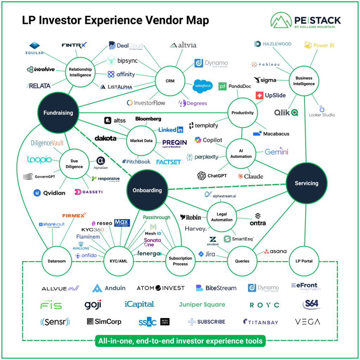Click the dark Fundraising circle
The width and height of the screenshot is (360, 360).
pyautogui.click(x=58, y=113)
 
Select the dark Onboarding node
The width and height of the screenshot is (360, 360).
pyautogui.click(x=147, y=191)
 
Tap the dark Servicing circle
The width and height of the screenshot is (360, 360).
pyautogui.click(x=306, y=183)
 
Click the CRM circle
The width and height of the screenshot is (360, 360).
pyautogui.click(x=170, y=82)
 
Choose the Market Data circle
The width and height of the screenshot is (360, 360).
pyautogui.click(x=141, y=141)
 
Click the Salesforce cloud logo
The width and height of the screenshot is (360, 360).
pyautogui.click(x=203, y=86)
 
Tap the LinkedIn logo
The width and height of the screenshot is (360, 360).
pyautogui.click(x=171, y=130)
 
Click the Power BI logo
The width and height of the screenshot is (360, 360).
pyautogui.click(x=319, y=45)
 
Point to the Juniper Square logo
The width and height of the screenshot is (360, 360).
pyautogui.click(x=202, y=304)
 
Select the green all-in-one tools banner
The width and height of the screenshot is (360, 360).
pyautogui.click(x=180, y=341)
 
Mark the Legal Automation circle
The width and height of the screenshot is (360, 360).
pyautogui.click(x=221, y=217)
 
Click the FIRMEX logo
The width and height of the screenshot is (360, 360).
pyautogui.click(x=73, y=215)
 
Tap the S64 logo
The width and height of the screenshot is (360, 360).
pyautogui.click(x=311, y=304)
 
